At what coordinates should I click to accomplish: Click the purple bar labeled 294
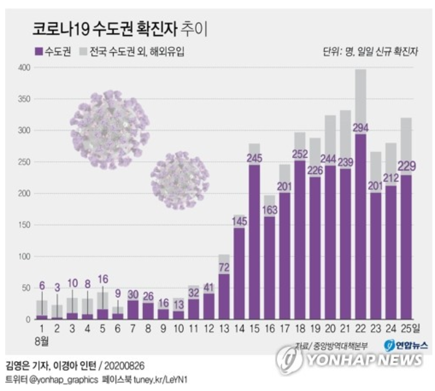(360, 227)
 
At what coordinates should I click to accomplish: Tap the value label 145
(240, 221)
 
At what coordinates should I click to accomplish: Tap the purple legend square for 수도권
(37, 51)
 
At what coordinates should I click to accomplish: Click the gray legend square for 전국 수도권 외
(84, 51)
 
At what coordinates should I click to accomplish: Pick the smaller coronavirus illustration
(180, 180)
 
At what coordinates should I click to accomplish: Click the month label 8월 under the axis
(42, 340)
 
